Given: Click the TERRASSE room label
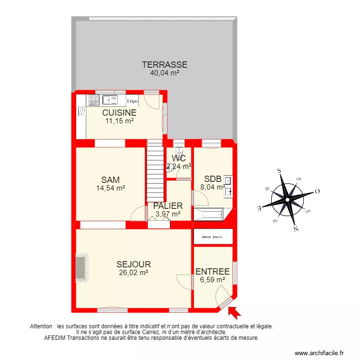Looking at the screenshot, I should pyautogui.click(x=164, y=65).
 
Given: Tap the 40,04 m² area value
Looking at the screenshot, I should pyautogui.click(x=164, y=73).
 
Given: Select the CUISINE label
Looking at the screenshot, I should pyautogui.click(x=119, y=113).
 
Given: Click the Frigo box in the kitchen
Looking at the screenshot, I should pyautogui.click(x=132, y=101).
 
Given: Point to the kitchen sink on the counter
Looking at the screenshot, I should pyautogui.click(x=110, y=100).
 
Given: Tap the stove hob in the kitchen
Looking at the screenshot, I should pyautogui.click(x=94, y=100).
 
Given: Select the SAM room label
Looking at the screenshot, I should pyautogui.click(x=110, y=180).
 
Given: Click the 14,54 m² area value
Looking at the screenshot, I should pyautogui.click(x=110, y=189).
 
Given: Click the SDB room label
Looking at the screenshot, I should pyautogui.click(x=213, y=179).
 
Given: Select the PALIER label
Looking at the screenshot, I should pyautogui.click(x=168, y=206).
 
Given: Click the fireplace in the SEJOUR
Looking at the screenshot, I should pyautogui.click(x=82, y=267).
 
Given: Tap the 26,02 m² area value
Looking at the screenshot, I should pyautogui.click(x=133, y=272).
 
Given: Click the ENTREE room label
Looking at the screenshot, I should pyautogui.click(x=212, y=272).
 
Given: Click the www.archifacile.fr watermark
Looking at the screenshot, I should pyautogui.click(x=319, y=353).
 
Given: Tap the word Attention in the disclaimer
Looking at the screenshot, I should pyautogui.click(x=42, y=326).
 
